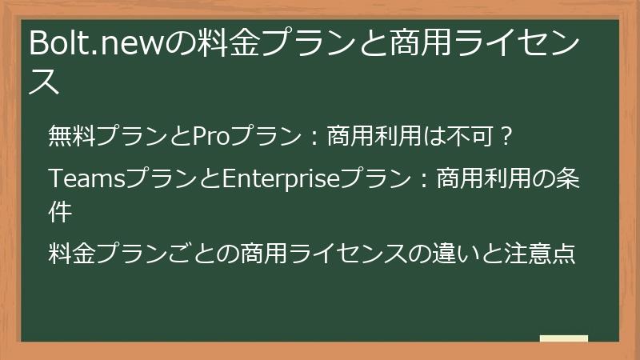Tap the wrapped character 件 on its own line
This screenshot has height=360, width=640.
click(60, 211)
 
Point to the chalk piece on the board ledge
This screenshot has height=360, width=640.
click(563, 338)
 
